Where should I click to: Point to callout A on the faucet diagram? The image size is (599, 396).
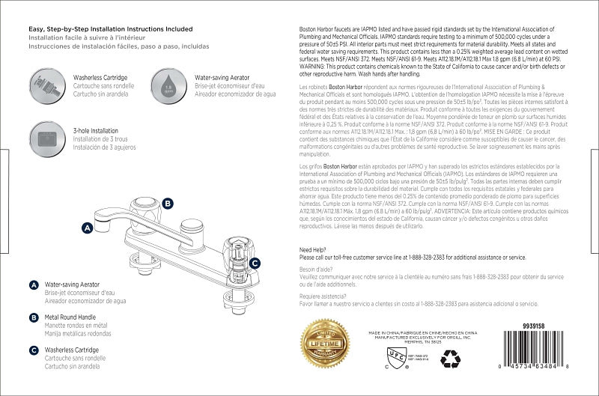87,227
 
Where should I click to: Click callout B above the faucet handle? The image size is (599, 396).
168,203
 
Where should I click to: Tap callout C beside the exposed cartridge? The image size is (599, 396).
255,263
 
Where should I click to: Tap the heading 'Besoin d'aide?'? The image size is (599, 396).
317,268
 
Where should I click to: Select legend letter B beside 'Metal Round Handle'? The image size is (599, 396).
34,317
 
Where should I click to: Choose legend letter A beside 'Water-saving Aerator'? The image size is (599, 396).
34,285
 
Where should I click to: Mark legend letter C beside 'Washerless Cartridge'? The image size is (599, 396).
34,350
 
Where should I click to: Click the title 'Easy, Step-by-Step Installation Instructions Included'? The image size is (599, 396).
111,28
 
